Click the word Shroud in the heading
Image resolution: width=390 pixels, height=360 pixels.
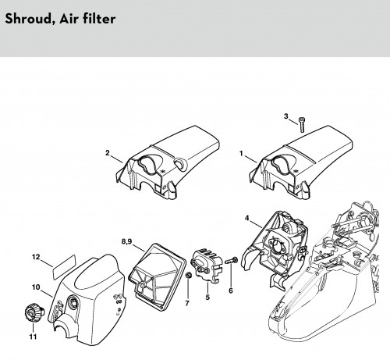pyautogui.click(x=30, y=19)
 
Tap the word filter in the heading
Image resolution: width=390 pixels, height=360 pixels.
pyautogui.click(x=99, y=19)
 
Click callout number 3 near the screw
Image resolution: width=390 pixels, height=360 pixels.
pyautogui.click(x=286, y=116)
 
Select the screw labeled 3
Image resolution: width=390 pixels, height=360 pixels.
pyautogui.click(x=302, y=125)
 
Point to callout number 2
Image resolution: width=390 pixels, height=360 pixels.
pyautogui.click(x=108, y=153)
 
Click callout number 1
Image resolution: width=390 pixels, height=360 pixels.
pyautogui.click(x=241, y=154)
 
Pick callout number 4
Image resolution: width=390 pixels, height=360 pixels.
pyautogui.click(x=246, y=218)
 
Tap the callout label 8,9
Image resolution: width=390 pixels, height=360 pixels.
pyautogui.click(x=126, y=241)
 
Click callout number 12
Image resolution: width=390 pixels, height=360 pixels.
pyautogui.click(x=36, y=257)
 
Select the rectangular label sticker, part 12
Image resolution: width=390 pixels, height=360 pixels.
pyautogui.click(x=64, y=267)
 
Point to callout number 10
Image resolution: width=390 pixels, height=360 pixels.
pyautogui.click(x=36, y=287)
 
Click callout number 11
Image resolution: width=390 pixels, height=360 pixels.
pyautogui.click(x=33, y=337)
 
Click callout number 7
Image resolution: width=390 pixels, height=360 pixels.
pyautogui.click(x=187, y=303)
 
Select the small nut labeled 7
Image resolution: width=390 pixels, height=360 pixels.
pyautogui.click(x=189, y=275)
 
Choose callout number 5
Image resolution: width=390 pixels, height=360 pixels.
pyautogui.click(x=207, y=297)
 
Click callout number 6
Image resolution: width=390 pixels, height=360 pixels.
pyautogui.click(x=231, y=290)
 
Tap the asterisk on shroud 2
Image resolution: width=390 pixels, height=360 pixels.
pyautogui.click(x=163, y=172)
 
